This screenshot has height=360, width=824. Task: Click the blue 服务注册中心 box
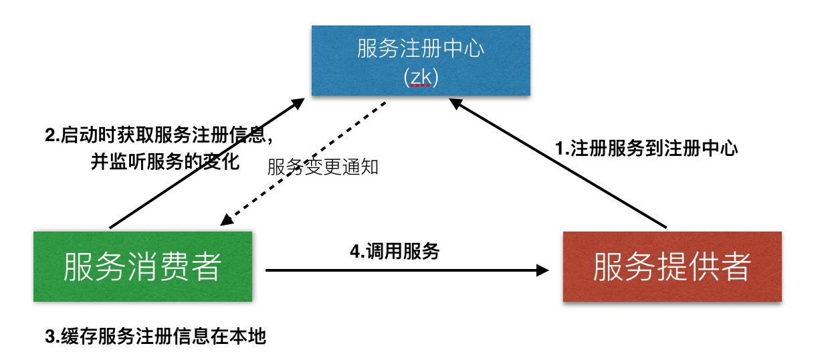point(421,60)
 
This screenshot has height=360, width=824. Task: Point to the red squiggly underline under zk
point(421,86)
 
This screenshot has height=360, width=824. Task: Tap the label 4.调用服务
point(395,252)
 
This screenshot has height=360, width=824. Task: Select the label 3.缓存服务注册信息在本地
point(155,337)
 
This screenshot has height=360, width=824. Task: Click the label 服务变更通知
point(323,167)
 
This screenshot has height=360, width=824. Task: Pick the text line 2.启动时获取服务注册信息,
point(159,136)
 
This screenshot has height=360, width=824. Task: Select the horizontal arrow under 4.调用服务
point(401,270)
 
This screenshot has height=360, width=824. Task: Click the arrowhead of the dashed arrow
point(227,220)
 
